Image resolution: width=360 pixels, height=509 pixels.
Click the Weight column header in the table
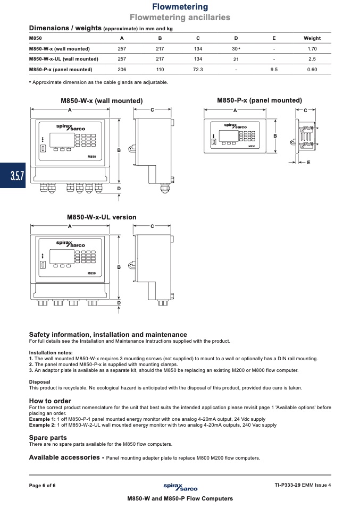(x=312, y=38)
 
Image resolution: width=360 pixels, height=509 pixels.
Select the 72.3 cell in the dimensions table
(x=198, y=70)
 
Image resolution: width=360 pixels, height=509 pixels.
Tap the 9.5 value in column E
(x=274, y=70)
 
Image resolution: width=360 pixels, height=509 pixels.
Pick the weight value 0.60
(x=312, y=70)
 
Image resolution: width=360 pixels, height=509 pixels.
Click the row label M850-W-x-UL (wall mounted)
(x=63, y=59)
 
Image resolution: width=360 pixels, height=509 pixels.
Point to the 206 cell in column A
(x=122, y=70)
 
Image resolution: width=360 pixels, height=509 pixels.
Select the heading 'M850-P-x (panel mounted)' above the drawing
(x=259, y=100)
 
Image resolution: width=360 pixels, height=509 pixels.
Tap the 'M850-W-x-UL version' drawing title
(x=102, y=217)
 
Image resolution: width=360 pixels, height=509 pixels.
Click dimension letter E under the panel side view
(x=308, y=162)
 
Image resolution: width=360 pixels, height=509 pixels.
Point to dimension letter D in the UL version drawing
(x=119, y=302)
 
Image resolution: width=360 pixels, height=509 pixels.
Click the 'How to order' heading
(x=50, y=401)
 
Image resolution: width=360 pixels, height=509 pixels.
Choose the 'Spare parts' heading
(x=48, y=437)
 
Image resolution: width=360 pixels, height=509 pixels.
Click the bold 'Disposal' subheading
(x=40, y=381)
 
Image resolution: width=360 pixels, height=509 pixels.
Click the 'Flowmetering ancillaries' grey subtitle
(x=180, y=18)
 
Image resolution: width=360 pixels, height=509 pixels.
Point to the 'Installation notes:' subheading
(x=51, y=352)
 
